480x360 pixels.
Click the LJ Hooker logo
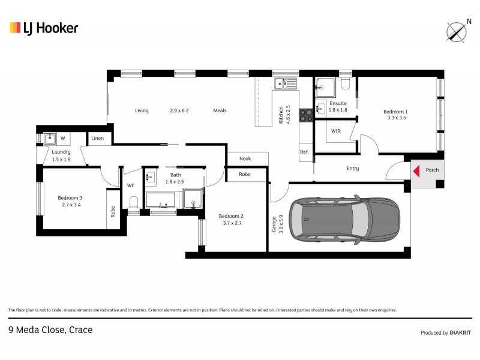click(43, 28)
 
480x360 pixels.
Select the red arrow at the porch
click(415, 170)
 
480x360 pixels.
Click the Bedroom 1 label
click(395, 112)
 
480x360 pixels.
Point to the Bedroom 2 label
click(231, 216)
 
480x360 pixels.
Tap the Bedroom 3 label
click(70, 198)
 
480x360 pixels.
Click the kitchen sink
click(286, 83)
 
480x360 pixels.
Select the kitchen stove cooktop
click(305, 114)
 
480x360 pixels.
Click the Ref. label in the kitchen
click(304, 152)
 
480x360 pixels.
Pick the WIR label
click(336, 130)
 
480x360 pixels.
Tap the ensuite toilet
click(344, 85)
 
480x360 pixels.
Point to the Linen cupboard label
click(98, 139)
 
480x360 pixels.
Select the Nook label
click(245, 158)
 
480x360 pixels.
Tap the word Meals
click(220, 110)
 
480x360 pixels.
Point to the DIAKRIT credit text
click(460, 332)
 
